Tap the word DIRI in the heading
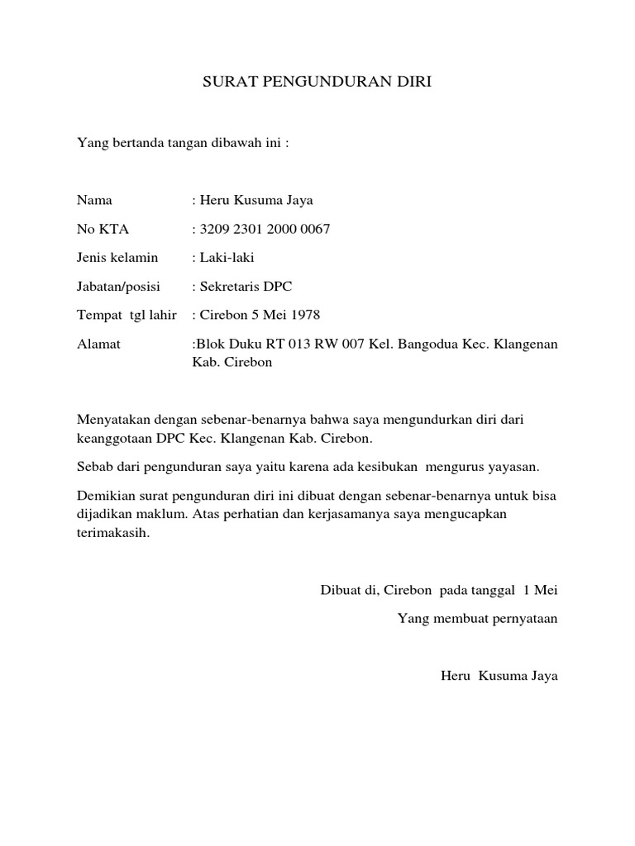pos(414,83)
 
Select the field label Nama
pos(94,201)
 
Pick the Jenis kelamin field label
pos(117,258)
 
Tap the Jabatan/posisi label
pos(118,287)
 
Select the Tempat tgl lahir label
pos(127,315)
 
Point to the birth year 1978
pos(303,315)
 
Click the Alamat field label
pos(98,344)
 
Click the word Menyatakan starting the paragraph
pos(111,420)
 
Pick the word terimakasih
pos(113,533)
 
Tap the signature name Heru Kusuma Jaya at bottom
pos(499,676)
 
